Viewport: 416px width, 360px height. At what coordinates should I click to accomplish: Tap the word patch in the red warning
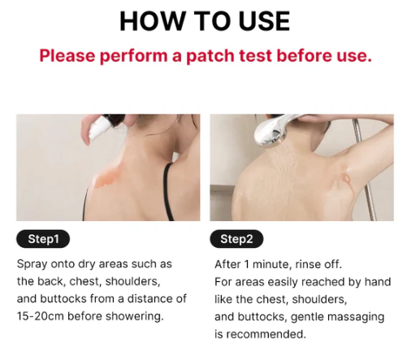tap(210, 56)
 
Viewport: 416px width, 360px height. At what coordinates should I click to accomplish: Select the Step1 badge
tap(43, 239)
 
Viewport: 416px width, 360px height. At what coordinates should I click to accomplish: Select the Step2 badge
tap(236, 239)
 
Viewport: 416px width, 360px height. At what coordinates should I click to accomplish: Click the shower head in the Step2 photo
tap(272, 132)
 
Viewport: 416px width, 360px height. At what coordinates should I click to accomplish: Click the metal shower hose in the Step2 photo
tap(366, 173)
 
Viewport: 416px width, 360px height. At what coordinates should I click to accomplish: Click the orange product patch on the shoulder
tap(108, 176)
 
